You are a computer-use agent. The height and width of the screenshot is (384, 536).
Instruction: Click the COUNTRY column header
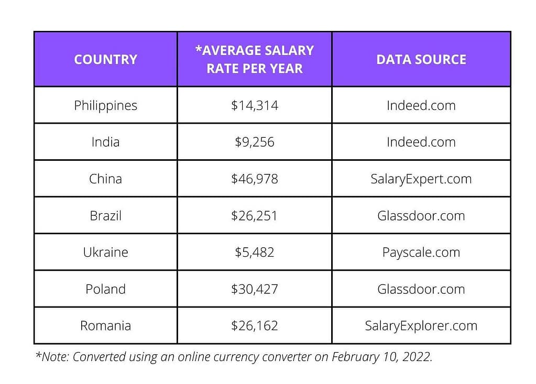pyautogui.click(x=105, y=59)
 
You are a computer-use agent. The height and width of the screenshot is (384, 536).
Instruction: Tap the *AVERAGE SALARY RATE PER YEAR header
pyautogui.click(x=255, y=59)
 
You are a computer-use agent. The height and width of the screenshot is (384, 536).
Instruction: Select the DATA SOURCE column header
pyautogui.click(x=421, y=59)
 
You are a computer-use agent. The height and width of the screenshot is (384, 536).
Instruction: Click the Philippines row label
pyautogui.click(x=105, y=105)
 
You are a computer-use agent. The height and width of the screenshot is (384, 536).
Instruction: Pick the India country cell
pyautogui.click(x=105, y=142)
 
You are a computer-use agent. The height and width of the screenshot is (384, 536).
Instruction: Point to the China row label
pyautogui.click(x=105, y=179)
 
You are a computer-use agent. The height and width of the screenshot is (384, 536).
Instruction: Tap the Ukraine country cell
pyautogui.click(x=105, y=252)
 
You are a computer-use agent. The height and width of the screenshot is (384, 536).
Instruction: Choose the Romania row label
pyautogui.click(x=105, y=325)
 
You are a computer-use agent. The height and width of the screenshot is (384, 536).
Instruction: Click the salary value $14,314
pyautogui.click(x=255, y=105)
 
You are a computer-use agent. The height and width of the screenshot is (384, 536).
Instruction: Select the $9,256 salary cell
pyautogui.click(x=255, y=142)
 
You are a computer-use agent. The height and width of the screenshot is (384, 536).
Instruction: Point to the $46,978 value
pyautogui.click(x=255, y=179)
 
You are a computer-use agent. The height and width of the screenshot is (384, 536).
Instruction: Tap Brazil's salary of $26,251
pyautogui.click(x=255, y=215)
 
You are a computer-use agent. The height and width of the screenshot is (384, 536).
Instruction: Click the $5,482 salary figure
pyautogui.click(x=255, y=252)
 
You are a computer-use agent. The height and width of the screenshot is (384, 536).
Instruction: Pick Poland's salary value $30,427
pyautogui.click(x=255, y=289)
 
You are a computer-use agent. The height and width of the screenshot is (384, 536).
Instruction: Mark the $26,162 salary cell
pyautogui.click(x=255, y=325)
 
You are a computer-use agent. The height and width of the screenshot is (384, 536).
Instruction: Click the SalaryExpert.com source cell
pyautogui.click(x=421, y=179)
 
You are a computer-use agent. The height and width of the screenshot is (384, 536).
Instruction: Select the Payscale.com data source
pyautogui.click(x=421, y=252)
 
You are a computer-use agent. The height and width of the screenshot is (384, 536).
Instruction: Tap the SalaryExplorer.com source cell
pyautogui.click(x=421, y=325)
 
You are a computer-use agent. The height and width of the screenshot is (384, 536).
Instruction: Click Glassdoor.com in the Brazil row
pyautogui.click(x=421, y=215)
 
